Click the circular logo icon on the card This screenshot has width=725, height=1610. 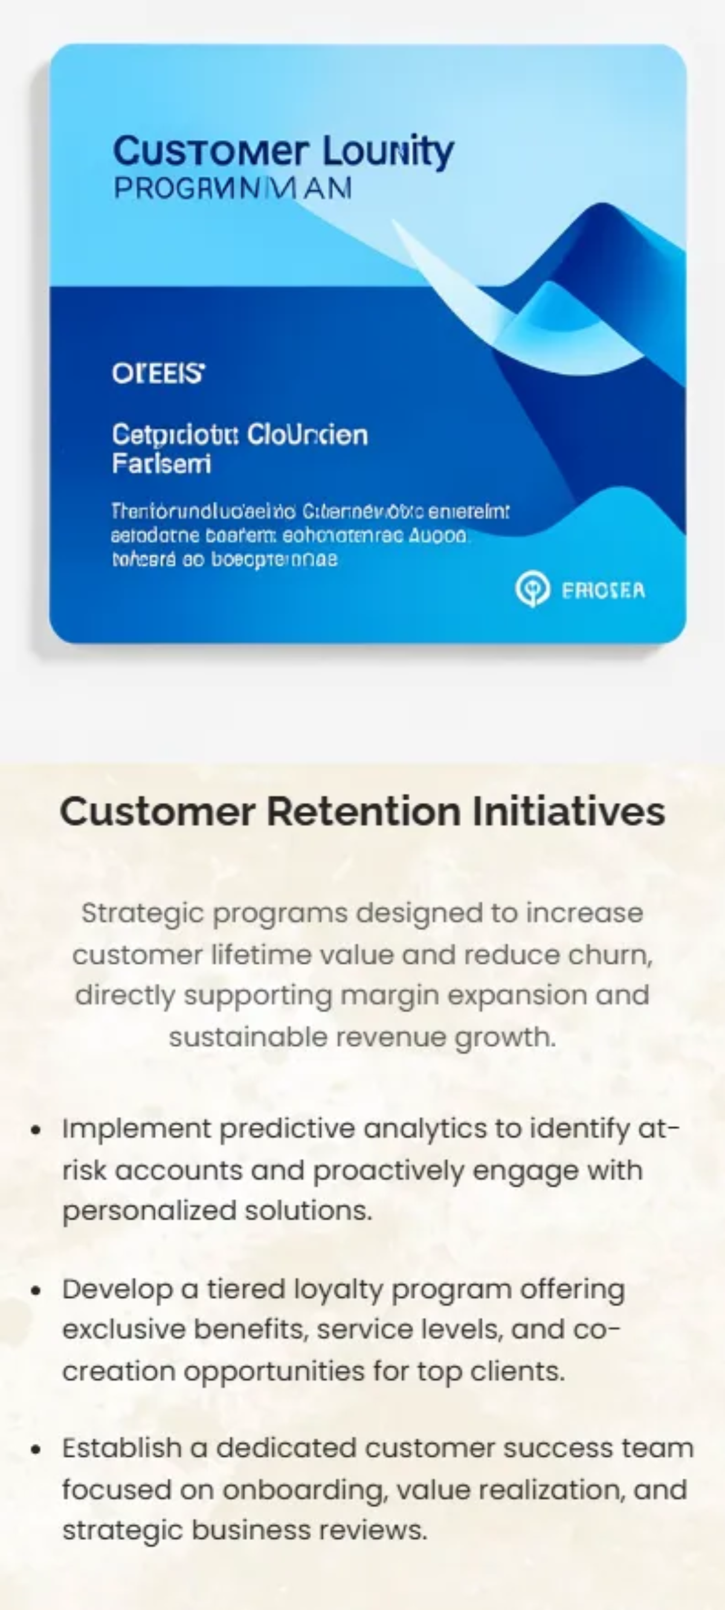(532, 590)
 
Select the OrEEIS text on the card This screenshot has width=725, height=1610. (158, 374)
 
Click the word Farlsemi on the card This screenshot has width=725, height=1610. (161, 464)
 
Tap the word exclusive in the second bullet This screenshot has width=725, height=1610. (123, 1330)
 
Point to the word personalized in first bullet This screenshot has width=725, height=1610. (149, 1211)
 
